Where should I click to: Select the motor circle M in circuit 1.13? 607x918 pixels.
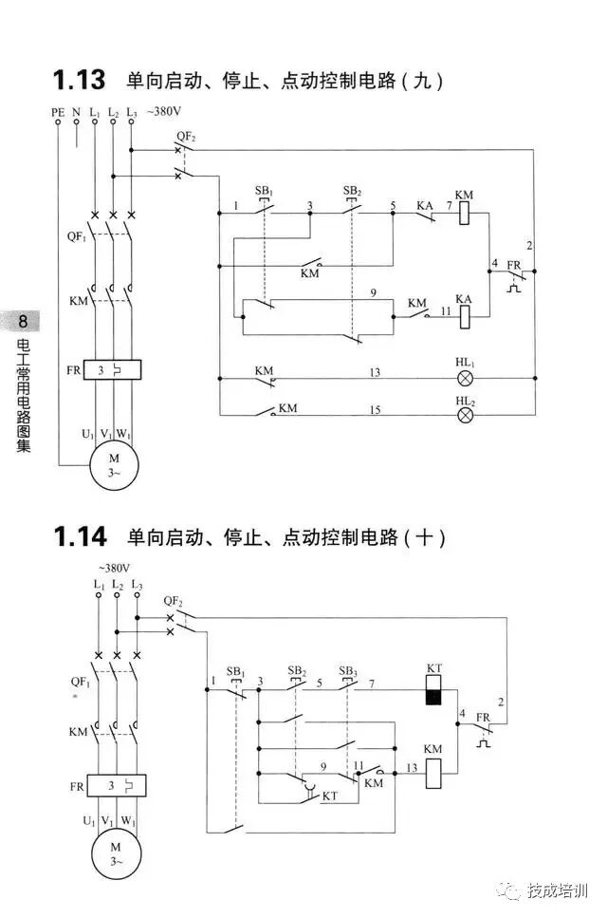tap(114, 465)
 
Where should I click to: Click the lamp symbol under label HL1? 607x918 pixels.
tap(466, 377)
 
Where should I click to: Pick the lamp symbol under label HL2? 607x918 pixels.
tap(466, 416)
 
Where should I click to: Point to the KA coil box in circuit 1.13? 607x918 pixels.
tap(465, 317)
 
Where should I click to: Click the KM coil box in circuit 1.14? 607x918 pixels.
tap(433, 773)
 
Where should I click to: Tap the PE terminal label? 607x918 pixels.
tap(58, 112)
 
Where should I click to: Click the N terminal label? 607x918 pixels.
tap(76, 112)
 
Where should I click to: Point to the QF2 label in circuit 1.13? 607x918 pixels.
tap(186, 136)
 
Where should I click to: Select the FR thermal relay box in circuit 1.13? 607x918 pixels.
tap(113, 369)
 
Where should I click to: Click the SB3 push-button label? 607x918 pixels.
tap(349, 670)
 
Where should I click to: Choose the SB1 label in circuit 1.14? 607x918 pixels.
tap(235, 670)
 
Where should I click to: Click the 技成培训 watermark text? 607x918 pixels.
tap(557, 890)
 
